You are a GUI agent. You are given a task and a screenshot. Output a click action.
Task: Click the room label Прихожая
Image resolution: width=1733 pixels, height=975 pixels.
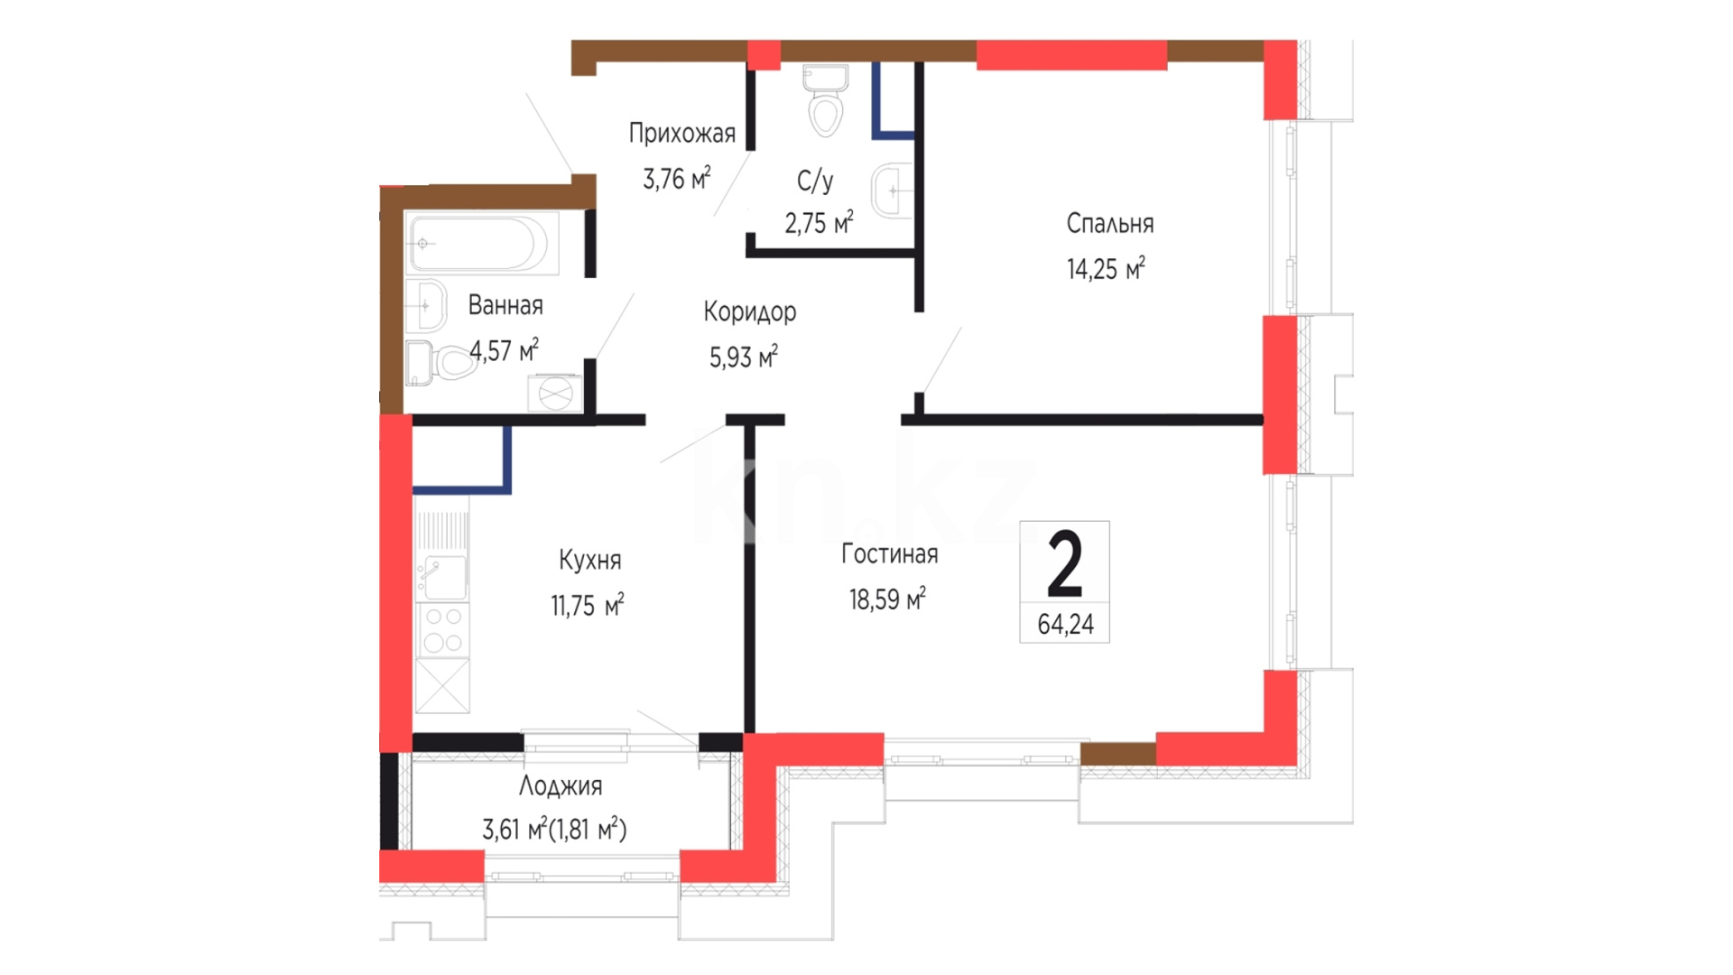(x=681, y=134)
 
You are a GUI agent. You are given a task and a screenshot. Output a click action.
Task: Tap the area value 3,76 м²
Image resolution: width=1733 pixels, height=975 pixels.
(x=676, y=178)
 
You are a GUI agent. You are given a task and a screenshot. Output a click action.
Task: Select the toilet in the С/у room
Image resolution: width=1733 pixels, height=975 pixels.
(x=825, y=101)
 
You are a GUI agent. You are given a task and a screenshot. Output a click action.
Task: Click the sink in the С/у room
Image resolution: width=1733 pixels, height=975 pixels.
(x=892, y=191)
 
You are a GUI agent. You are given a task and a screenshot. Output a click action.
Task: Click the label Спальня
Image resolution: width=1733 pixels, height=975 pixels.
(x=1109, y=223)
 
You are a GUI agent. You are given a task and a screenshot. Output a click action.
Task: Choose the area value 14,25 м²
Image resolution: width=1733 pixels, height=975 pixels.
(x=1106, y=268)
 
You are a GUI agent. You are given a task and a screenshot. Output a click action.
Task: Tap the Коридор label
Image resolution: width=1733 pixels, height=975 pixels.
(x=749, y=311)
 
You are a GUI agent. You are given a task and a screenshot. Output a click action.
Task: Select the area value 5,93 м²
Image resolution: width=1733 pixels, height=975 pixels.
(x=743, y=357)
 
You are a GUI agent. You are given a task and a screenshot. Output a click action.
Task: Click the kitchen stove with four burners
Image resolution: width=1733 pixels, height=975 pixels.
(x=442, y=630)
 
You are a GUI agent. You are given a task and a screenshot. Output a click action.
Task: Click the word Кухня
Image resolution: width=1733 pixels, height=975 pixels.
(x=589, y=560)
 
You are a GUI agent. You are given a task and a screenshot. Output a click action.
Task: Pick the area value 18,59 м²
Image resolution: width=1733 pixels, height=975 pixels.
(x=887, y=599)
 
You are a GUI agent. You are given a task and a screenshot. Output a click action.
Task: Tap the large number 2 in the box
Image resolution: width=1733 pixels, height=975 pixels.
(x=1065, y=564)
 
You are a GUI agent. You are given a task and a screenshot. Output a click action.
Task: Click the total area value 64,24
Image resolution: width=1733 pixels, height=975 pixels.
(x=1065, y=624)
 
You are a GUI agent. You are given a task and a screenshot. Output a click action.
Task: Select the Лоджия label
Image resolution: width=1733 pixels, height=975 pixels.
(x=561, y=785)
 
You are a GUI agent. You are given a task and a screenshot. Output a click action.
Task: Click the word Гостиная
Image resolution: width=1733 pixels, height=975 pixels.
(x=889, y=553)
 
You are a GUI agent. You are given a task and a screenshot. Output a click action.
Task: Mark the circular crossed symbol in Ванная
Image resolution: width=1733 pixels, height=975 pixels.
(x=555, y=393)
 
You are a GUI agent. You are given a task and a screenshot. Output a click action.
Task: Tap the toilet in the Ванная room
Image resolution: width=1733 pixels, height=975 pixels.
(x=440, y=363)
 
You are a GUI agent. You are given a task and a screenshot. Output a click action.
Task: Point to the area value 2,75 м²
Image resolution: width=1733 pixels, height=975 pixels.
(x=819, y=222)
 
